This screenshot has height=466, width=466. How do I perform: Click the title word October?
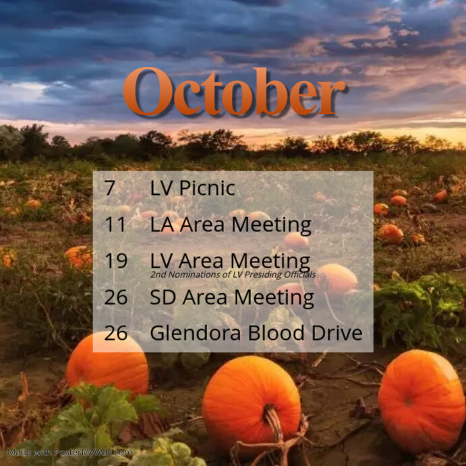233,92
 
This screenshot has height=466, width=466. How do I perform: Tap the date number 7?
110,188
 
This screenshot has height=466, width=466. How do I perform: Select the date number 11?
115,225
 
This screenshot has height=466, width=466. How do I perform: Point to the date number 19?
116,260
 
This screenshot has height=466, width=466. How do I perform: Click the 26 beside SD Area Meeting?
116,297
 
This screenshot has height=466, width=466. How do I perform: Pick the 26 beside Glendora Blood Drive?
116,332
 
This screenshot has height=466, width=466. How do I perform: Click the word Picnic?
207,189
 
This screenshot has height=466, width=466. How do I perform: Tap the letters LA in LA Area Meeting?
162,225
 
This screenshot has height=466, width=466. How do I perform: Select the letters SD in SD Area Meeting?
163,297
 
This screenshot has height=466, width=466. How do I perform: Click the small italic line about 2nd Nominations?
233,274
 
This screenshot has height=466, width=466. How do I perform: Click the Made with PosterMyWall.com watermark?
70,453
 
